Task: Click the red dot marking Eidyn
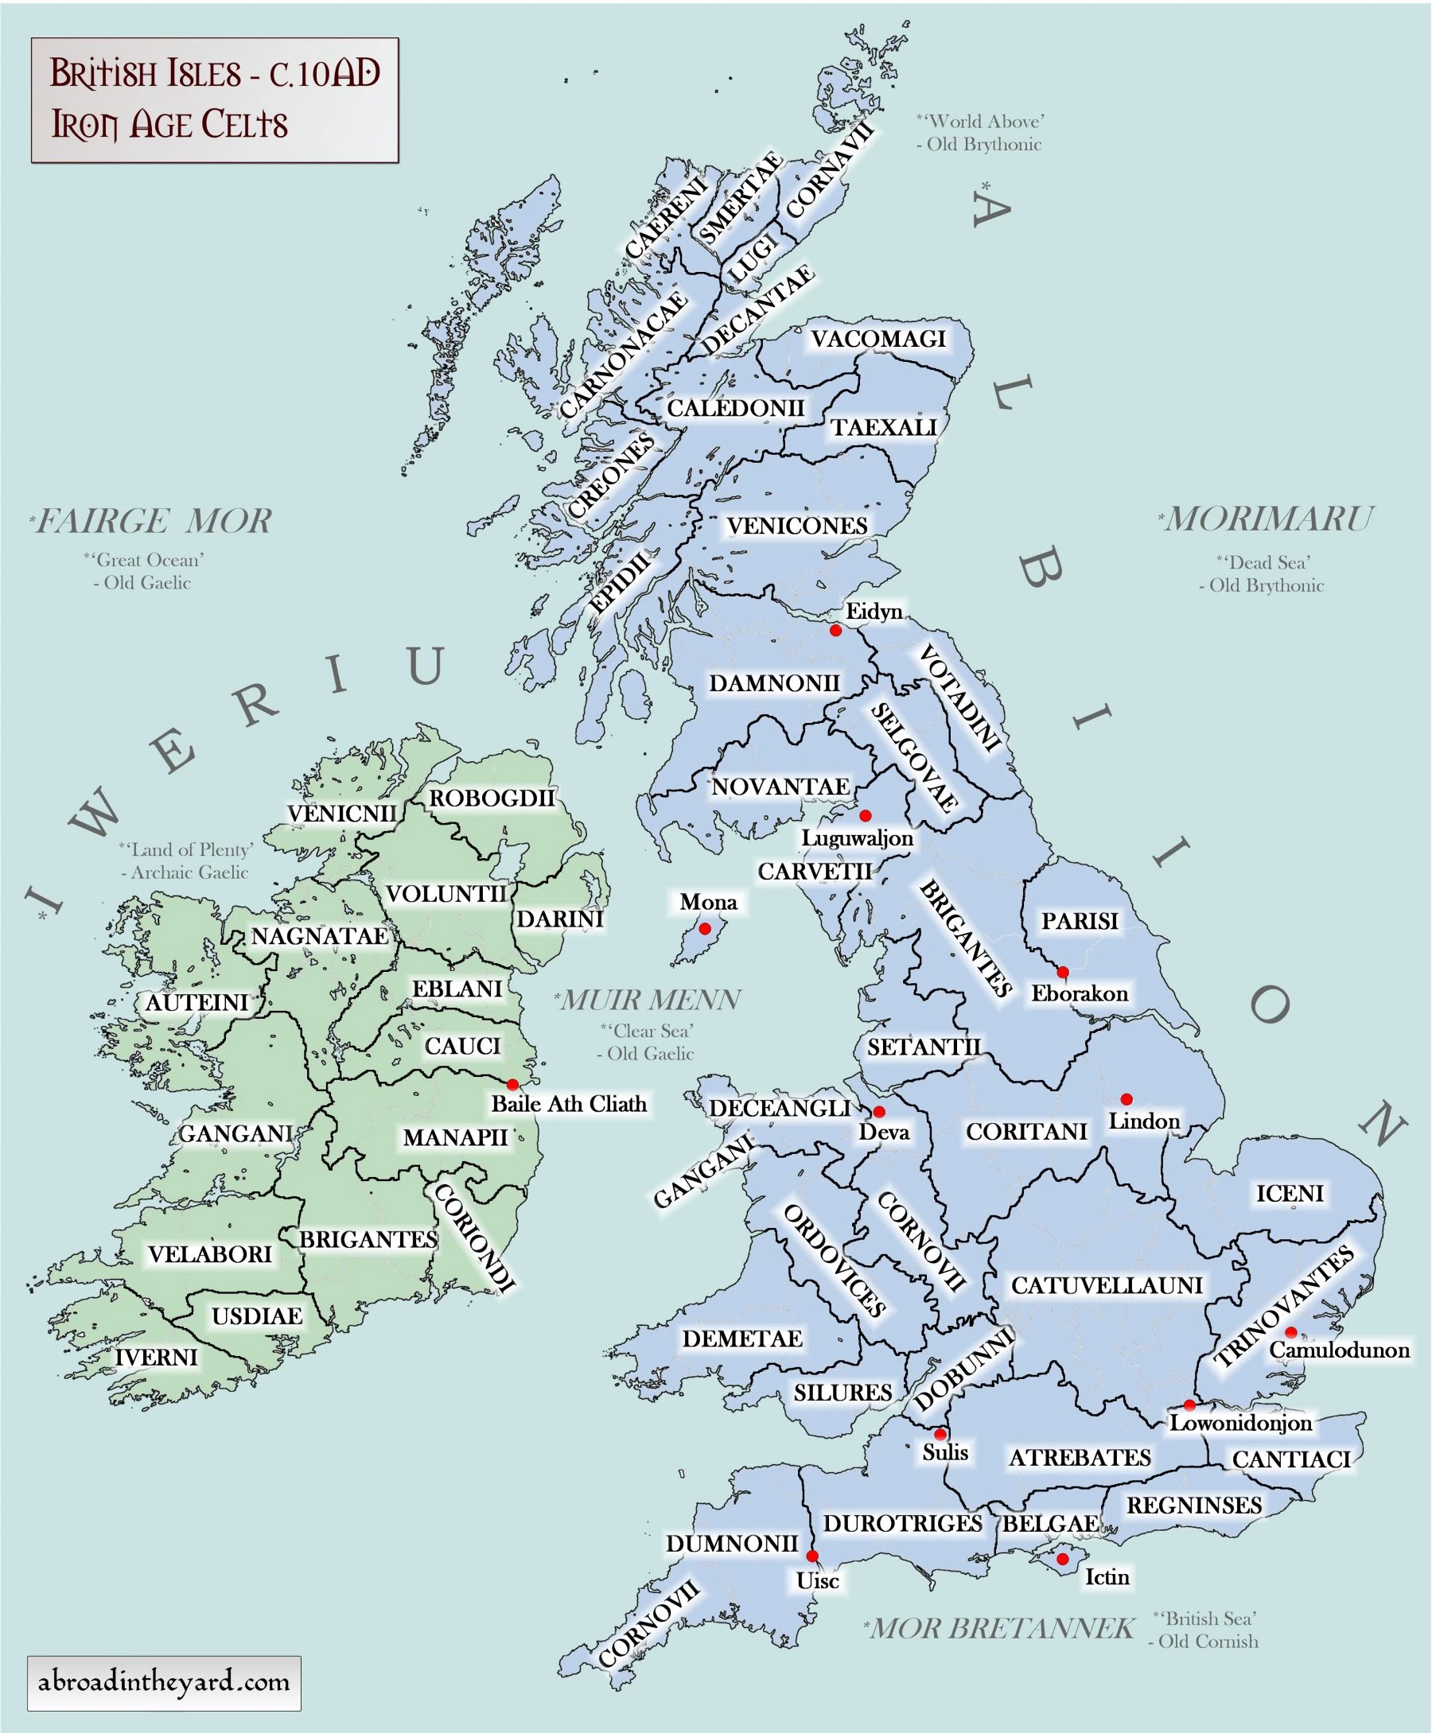[x=835, y=631]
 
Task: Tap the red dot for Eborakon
[x=1062, y=973]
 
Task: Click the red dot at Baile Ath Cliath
[x=512, y=1084]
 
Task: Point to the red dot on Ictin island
[x=1062, y=1559]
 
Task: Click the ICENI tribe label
[x=1290, y=1193]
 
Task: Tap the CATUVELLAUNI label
[x=1106, y=1285]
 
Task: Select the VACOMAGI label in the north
[x=877, y=339]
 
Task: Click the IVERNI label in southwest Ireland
[x=157, y=1357]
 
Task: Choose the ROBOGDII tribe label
[x=492, y=798]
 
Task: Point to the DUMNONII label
[x=732, y=1544]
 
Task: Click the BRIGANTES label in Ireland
[x=368, y=1239]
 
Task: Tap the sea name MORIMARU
[x=1268, y=519]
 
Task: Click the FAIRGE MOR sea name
[x=153, y=521]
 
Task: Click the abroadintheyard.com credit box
[x=164, y=1683]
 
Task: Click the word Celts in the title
[x=245, y=126]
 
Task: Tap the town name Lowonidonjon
[x=1239, y=1423]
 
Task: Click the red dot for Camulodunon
[x=1291, y=1332]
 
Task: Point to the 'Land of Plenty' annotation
[x=186, y=850]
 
